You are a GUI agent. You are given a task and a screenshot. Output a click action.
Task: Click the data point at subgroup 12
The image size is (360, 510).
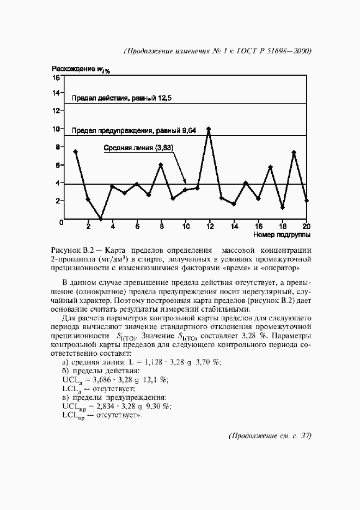coord(209,129)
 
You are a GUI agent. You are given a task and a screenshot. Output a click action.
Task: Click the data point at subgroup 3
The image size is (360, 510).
coord(100,218)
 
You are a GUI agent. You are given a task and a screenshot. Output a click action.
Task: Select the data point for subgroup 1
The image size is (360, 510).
coord(75,151)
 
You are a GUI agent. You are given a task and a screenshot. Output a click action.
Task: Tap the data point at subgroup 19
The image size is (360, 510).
coord(294,153)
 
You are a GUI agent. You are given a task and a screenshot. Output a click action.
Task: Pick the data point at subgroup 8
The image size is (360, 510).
coord(161,165)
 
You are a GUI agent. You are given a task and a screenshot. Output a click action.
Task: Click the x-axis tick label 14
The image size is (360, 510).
coord(234,226)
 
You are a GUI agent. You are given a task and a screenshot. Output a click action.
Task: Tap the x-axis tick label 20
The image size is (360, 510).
coord(307,226)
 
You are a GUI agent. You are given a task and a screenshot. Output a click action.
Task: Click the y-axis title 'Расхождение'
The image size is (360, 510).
coord(74,69)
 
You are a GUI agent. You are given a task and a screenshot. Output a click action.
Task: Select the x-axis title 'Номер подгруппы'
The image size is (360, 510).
coord(282,235)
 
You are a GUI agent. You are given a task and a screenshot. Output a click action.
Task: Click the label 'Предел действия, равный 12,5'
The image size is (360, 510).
coord(122,99)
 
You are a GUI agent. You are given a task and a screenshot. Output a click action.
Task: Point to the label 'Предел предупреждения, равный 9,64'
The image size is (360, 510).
coord(134,131)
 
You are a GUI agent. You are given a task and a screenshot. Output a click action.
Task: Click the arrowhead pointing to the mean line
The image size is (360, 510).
coord(185,181)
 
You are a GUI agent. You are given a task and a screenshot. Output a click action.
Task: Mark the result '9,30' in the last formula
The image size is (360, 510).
coord(155,406)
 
